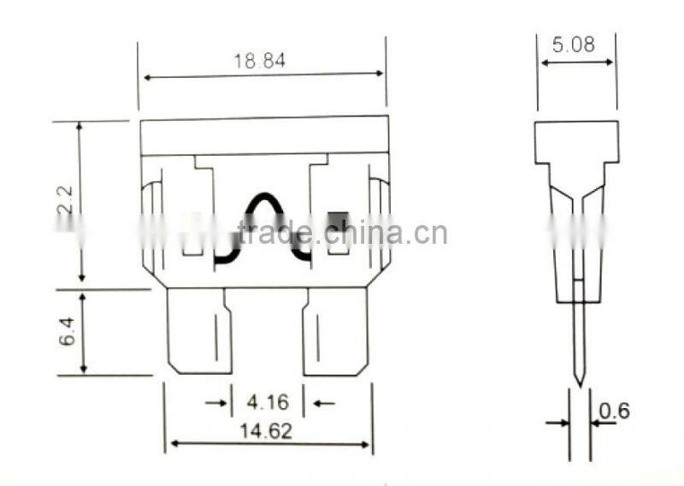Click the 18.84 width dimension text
(259, 61)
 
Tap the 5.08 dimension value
(573, 45)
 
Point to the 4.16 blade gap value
(268, 401)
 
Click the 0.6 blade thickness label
(614, 412)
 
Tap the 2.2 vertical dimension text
(68, 201)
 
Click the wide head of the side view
(576, 141)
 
